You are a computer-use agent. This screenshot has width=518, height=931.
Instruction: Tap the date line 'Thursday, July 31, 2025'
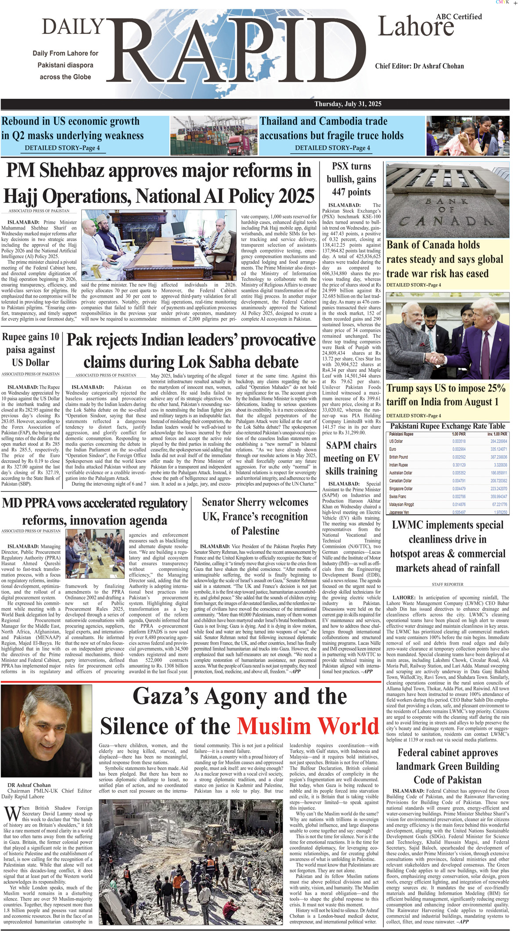(348, 104)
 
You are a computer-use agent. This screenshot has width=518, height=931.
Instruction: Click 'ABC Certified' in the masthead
(459, 17)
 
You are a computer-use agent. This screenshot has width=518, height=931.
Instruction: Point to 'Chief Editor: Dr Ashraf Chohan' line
(419, 66)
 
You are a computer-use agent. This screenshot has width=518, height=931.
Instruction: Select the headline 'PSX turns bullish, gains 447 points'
(351, 179)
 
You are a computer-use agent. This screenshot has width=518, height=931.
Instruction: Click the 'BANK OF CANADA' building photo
(447, 200)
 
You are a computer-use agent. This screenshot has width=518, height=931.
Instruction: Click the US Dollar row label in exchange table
(396, 441)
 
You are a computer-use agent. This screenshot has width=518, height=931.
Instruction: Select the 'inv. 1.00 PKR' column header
(497, 434)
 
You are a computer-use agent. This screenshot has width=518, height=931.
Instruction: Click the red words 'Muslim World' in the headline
(308, 726)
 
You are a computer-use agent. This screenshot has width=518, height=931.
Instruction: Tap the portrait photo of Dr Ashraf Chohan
(46, 732)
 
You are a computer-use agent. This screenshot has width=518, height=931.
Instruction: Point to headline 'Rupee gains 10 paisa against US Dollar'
(30, 350)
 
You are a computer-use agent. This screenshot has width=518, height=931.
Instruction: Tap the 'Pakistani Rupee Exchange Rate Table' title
(447, 426)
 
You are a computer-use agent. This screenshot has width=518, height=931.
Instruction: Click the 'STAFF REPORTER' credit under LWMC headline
(447, 585)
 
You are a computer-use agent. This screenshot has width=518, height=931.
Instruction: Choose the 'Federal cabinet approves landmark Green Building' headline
(447, 766)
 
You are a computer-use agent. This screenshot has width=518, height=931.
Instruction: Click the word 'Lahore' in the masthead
(416, 27)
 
